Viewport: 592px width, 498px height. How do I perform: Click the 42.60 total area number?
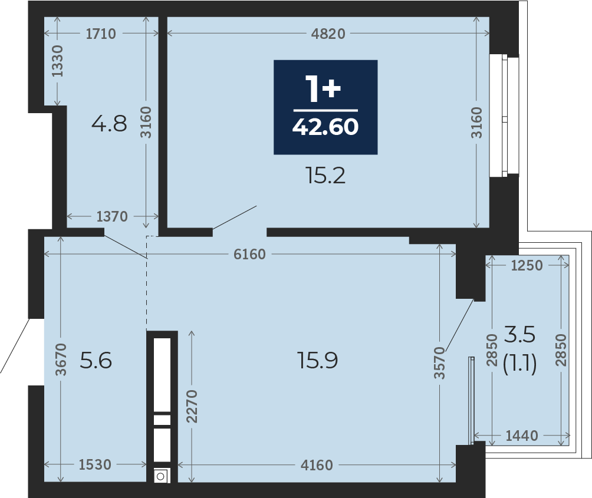[325, 127]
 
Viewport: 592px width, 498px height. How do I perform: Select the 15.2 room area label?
[325, 176]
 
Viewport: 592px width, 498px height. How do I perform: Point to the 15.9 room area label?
[317, 360]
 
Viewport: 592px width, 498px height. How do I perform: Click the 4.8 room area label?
[109, 124]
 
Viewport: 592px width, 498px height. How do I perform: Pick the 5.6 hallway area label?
[96, 360]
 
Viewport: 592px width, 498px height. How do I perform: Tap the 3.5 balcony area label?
[520, 335]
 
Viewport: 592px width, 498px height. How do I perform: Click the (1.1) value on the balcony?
[520, 364]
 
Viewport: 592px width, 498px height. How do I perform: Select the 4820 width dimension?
[328, 34]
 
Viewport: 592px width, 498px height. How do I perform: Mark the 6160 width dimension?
[249, 254]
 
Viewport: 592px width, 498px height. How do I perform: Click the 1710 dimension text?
[101, 34]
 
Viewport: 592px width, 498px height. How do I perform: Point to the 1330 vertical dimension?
[57, 61]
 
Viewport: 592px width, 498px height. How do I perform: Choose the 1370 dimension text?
[112, 216]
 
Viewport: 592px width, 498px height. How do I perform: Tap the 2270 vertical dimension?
[192, 406]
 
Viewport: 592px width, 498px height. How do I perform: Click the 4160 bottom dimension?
[317, 465]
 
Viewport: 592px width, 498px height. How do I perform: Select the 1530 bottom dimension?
[95, 465]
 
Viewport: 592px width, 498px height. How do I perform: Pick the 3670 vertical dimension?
[61, 360]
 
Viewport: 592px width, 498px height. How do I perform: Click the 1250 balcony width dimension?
[527, 266]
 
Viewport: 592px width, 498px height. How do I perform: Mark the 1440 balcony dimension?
[522, 436]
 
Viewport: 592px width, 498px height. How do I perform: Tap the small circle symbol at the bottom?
[160, 477]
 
